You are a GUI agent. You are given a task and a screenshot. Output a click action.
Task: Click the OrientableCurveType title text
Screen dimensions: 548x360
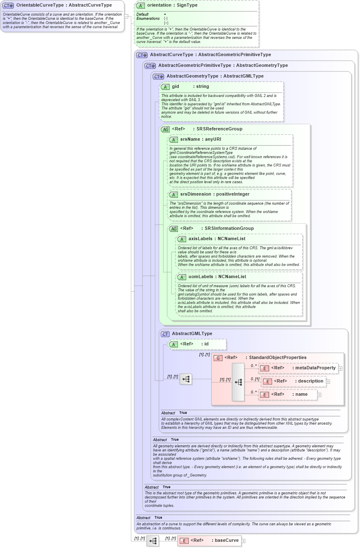coord(64,5)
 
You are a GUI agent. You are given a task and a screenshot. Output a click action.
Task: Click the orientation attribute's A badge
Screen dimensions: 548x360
coord(140,5)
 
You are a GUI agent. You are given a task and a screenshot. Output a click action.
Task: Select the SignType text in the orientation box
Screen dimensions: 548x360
coord(186,5)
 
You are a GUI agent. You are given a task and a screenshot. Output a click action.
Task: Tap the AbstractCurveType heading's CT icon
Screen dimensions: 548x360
coord(142,55)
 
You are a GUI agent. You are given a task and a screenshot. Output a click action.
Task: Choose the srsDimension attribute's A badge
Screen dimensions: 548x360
coord(173,194)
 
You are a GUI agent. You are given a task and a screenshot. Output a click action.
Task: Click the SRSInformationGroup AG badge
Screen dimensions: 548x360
coord(173,229)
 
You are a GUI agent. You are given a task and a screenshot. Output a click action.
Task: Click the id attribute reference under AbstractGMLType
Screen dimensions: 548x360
coord(206,344)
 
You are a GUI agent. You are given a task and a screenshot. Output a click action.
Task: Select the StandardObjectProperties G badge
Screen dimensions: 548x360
coord(218,358)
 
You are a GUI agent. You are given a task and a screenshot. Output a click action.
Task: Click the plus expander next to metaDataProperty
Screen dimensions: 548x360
coord(341,368)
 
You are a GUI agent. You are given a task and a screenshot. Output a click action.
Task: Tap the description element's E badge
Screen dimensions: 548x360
coord(267,381)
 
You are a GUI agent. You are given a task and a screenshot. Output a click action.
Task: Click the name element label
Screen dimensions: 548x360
coord(301,394)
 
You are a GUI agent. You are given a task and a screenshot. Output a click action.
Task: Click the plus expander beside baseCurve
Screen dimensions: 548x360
coord(244,541)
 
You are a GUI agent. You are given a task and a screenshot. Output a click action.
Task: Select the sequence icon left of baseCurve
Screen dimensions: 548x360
coord(152,541)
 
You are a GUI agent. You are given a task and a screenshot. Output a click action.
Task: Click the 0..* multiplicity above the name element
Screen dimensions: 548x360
coord(253,392)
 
